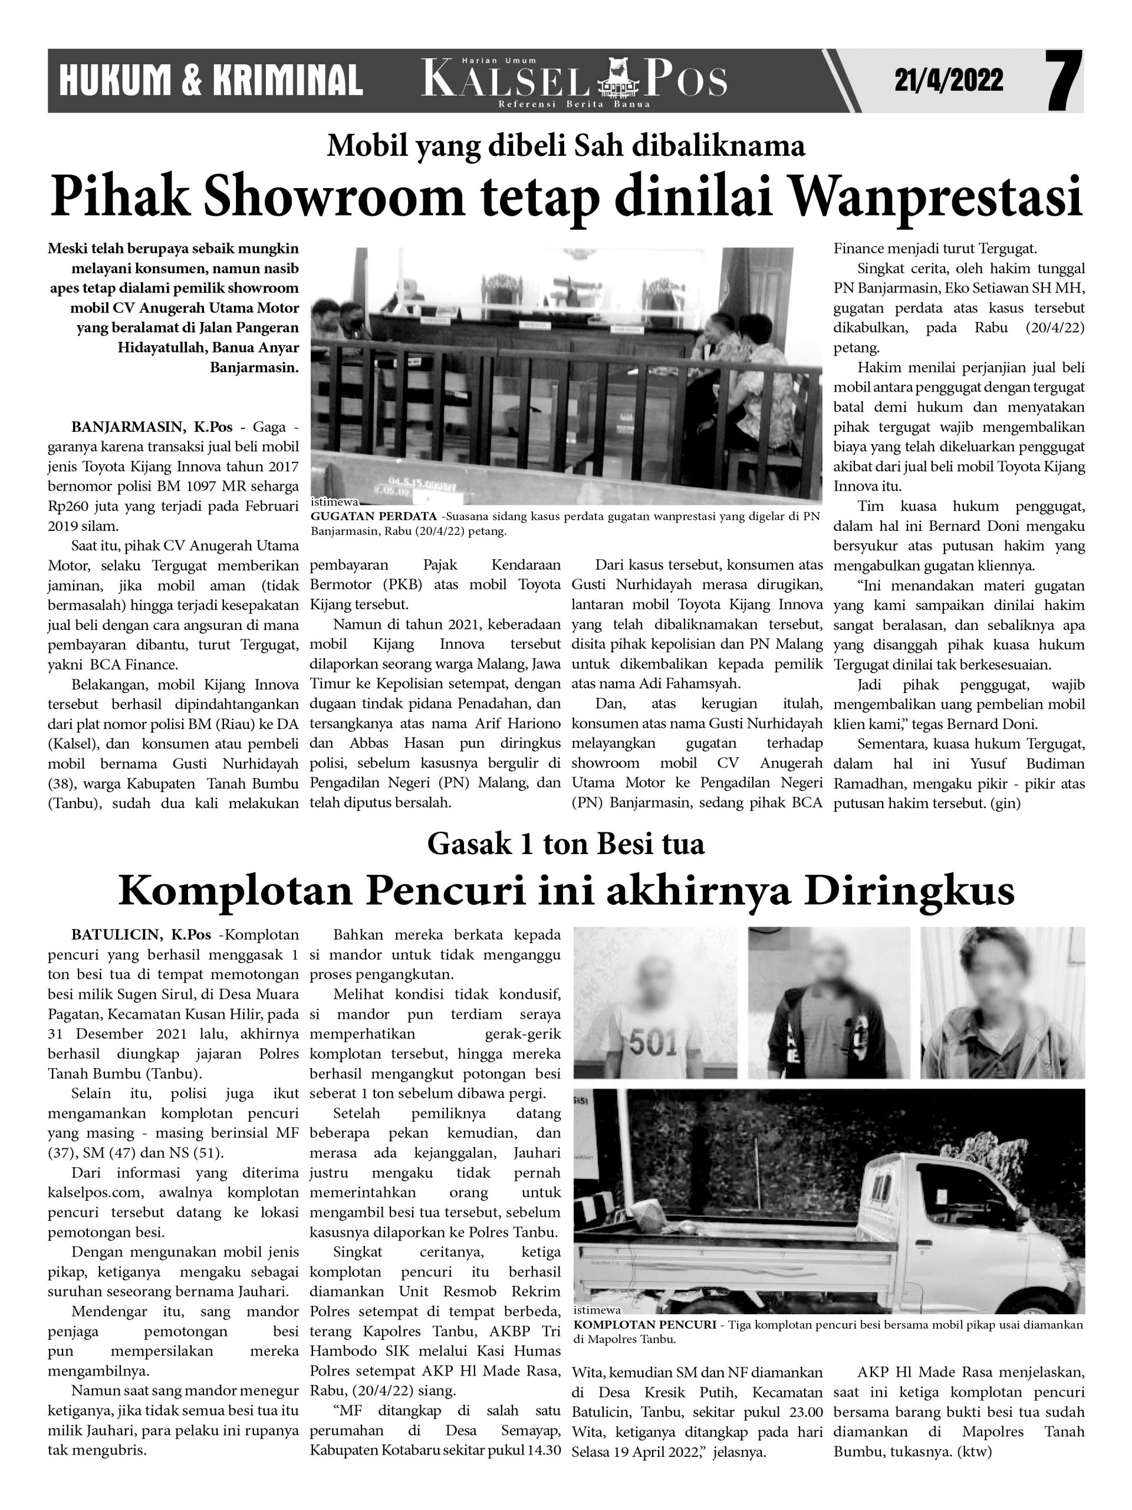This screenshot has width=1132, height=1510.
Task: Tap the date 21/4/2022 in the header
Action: click(x=949, y=81)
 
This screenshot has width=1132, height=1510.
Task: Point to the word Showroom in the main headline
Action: click(x=324, y=196)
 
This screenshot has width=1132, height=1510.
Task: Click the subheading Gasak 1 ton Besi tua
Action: click(x=565, y=845)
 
